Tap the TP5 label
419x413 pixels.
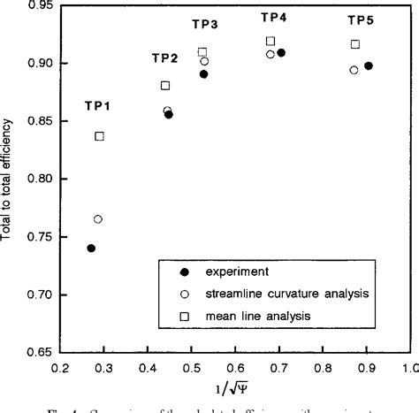click(360, 19)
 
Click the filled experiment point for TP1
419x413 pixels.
click(91, 249)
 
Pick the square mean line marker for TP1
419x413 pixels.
click(99, 136)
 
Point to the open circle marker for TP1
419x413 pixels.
click(98, 219)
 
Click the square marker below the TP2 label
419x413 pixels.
click(165, 86)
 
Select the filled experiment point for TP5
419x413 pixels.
click(369, 66)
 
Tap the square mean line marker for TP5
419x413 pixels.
click(354, 44)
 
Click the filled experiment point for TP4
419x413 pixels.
click(281, 53)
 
